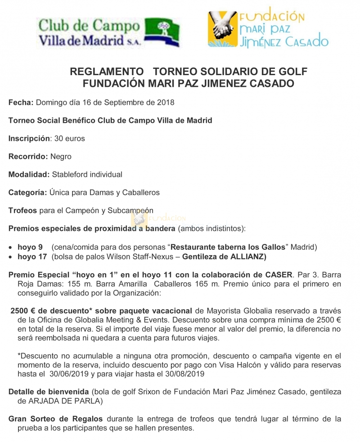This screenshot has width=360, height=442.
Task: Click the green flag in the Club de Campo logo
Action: point(163,32)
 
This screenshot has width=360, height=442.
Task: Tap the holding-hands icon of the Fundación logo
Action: point(222,28)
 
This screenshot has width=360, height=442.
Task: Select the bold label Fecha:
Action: point(21,102)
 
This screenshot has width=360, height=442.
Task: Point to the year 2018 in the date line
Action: point(165,102)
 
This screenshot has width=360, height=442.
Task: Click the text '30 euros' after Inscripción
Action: point(69,138)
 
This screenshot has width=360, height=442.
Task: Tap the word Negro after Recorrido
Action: point(61,157)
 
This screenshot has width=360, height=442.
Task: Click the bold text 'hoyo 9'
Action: point(30,247)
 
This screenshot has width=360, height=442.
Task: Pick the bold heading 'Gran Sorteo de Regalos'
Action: point(55,419)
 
